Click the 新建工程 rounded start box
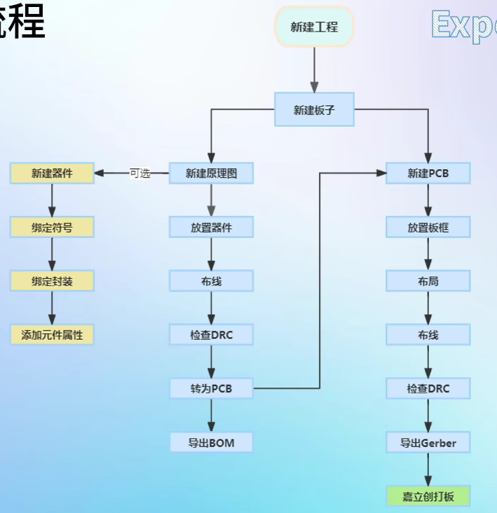(314, 27)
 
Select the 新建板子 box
(314, 109)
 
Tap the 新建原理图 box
(211, 173)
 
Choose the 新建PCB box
(428, 173)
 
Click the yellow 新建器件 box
(52, 173)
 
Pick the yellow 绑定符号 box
(52, 227)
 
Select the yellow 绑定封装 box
(52, 281)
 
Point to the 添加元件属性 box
(52, 335)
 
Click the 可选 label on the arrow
(140, 173)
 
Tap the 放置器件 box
(211, 227)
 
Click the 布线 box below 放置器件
(211, 281)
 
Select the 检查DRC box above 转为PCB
(211, 335)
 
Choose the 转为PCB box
(211, 388)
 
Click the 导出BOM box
(211, 442)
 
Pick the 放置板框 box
(428, 227)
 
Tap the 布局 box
(428, 281)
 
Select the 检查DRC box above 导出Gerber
(428, 388)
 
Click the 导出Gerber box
(428, 442)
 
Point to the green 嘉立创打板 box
(428, 496)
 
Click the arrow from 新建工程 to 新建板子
(314, 69)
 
